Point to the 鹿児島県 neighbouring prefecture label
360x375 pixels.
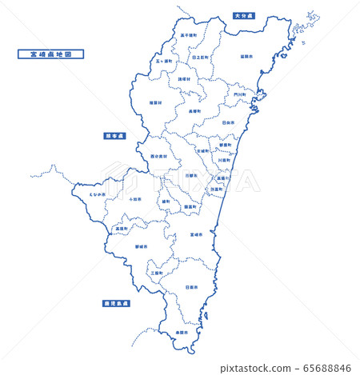117,304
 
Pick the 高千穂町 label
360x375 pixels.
189,35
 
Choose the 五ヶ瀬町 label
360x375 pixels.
164,61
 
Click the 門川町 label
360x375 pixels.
240,94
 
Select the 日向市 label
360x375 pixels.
228,122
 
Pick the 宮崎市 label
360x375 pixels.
196,235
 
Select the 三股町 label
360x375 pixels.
157,273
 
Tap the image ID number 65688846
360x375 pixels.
329,368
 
